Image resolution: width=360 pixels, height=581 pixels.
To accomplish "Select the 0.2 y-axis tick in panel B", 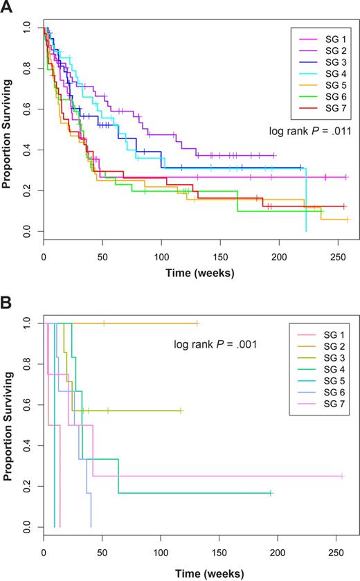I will (26, 488).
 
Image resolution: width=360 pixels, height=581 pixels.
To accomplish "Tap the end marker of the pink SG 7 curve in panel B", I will (342, 476).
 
